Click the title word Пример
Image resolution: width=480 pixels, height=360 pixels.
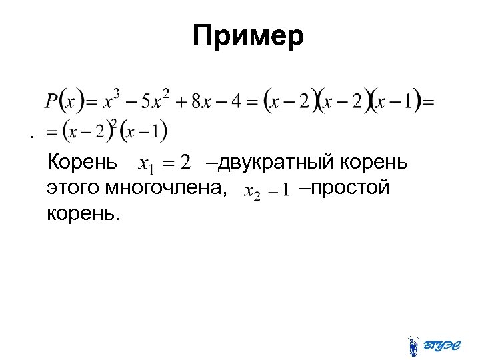tap(248, 36)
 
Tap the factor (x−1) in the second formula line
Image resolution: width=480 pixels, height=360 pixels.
tap(143, 131)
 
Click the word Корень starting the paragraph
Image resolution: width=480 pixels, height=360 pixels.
tap(83, 162)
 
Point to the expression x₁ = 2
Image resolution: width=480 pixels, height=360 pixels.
tap(164, 163)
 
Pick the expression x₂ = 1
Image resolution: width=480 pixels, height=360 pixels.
tap(266, 191)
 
